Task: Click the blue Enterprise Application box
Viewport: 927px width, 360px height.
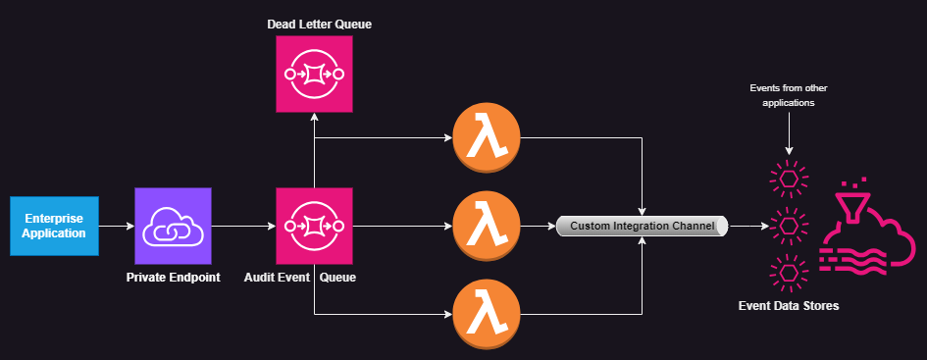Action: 54,226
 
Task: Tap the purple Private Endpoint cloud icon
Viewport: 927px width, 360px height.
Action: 173,227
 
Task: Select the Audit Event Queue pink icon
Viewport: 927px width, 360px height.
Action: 313,227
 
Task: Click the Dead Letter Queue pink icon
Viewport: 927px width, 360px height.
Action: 313,74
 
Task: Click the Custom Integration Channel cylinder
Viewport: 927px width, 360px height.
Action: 643,227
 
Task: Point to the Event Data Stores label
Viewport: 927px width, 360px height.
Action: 788,306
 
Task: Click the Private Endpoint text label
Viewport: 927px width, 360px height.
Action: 173,278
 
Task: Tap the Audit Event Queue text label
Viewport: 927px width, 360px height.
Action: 299,278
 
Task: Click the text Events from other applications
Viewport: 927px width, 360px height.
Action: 788,94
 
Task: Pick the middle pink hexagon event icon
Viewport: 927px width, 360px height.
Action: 788,226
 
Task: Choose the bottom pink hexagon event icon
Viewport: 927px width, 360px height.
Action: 788,271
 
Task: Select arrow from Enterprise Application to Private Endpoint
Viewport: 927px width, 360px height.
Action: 117,227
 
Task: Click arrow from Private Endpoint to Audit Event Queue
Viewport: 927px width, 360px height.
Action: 243,227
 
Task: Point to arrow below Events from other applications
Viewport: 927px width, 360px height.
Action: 788,132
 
